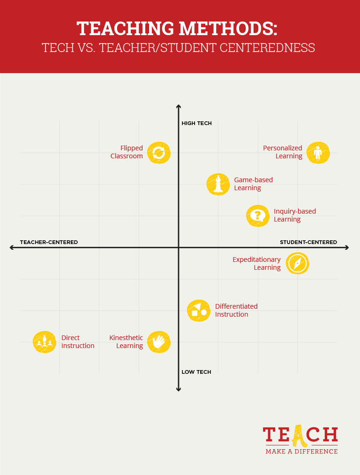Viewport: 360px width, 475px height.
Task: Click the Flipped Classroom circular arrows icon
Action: (x=159, y=153)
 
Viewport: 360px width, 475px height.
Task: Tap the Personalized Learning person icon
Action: (x=318, y=153)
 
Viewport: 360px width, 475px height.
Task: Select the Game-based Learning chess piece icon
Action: (x=218, y=184)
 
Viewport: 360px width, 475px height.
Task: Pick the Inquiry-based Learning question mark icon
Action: (x=257, y=215)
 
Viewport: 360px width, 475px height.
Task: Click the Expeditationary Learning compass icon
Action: (x=297, y=263)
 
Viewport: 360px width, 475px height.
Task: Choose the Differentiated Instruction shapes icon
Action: (x=199, y=310)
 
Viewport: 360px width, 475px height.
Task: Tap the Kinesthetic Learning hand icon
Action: (x=159, y=341)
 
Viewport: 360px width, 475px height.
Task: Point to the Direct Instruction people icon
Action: (x=45, y=341)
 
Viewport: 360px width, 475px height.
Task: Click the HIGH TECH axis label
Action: (x=196, y=124)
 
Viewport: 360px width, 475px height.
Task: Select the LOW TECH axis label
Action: (x=196, y=372)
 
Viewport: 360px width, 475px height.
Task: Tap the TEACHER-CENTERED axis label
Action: (x=49, y=242)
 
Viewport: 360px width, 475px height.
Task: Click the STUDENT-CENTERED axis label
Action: (x=308, y=242)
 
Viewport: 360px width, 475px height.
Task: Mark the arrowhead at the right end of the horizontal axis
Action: (x=346, y=247)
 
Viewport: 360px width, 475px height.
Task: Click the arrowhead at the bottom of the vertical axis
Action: (x=179, y=388)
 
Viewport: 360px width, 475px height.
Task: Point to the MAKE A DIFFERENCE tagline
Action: (x=301, y=452)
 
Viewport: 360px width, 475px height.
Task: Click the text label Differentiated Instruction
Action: (x=236, y=310)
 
